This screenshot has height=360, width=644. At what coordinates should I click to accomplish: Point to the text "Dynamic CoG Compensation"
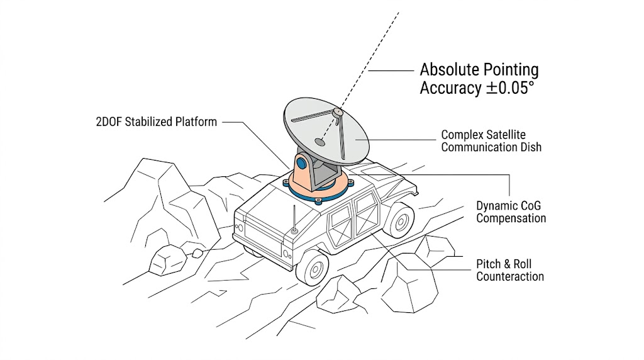(x=511, y=212)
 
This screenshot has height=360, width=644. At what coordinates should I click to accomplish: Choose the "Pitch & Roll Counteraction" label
(x=509, y=270)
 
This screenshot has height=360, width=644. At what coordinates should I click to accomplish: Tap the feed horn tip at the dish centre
(x=338, y=111)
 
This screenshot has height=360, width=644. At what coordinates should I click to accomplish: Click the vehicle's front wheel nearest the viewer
(x=313, y=266)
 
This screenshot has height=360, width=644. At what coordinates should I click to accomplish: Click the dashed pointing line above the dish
(x=371, y=57)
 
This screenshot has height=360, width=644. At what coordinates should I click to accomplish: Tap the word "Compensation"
(x=511, y=218)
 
